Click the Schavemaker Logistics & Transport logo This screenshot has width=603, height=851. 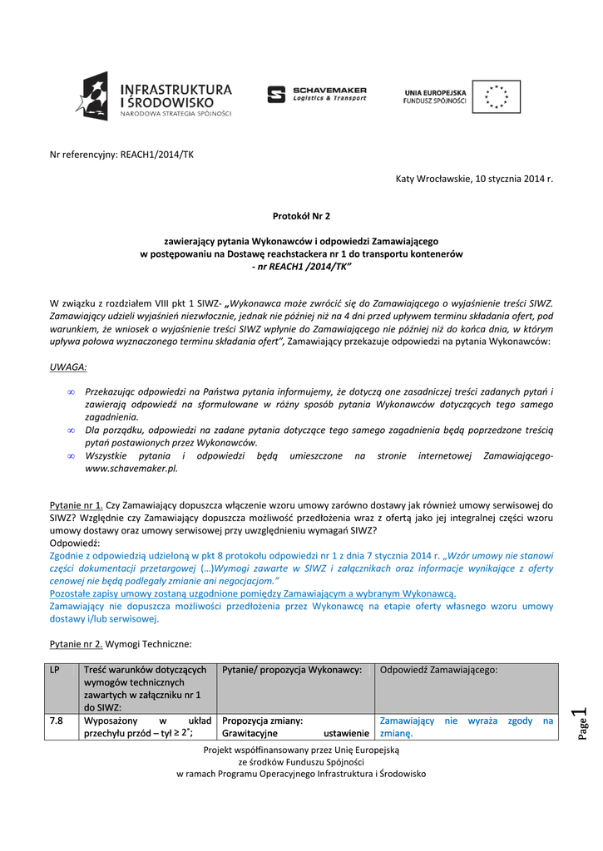pyautogui.click(x=317, y=94)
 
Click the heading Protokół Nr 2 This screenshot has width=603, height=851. pyautogui.click(x=301, y=216)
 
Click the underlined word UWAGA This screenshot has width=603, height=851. pyautogui.click(x=68, y=366)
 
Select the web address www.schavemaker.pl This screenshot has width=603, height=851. pyautogui.click(x=132, y=468)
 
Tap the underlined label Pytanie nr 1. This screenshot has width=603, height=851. pyautogui.click(x=77, y=504)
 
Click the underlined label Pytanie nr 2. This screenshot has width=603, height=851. pyautogui.click(x=77, y=643)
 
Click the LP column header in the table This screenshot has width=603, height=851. pyautogui.click(x=55, y=671)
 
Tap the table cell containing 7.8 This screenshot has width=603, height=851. pyautogui.click(x=57, y=721)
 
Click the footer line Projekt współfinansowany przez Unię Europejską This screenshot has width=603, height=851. pyautogui.click(x=301, y=750)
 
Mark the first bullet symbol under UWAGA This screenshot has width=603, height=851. pyautogui.click(x=72, y=391)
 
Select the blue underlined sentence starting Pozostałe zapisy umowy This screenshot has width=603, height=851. pyautogui.click(x=253, y=593)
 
